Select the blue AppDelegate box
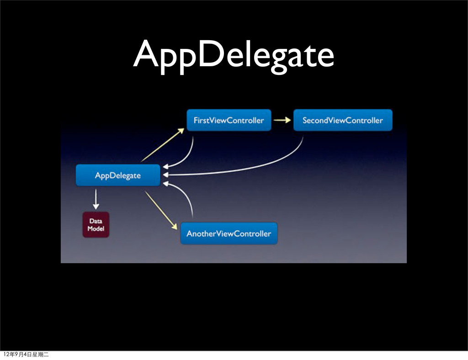coord(118,175)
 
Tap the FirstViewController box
coord(229,121)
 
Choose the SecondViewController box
coord(343,121)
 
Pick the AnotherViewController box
coord(229,233)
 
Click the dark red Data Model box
coord(96,225)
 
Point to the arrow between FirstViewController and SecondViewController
coord(282,121)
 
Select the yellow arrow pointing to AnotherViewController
coord(161,210)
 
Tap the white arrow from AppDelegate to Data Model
coord(96,198)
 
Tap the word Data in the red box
coord(96,221)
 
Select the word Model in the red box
coord(96,228)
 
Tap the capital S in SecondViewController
coord(305,121)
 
